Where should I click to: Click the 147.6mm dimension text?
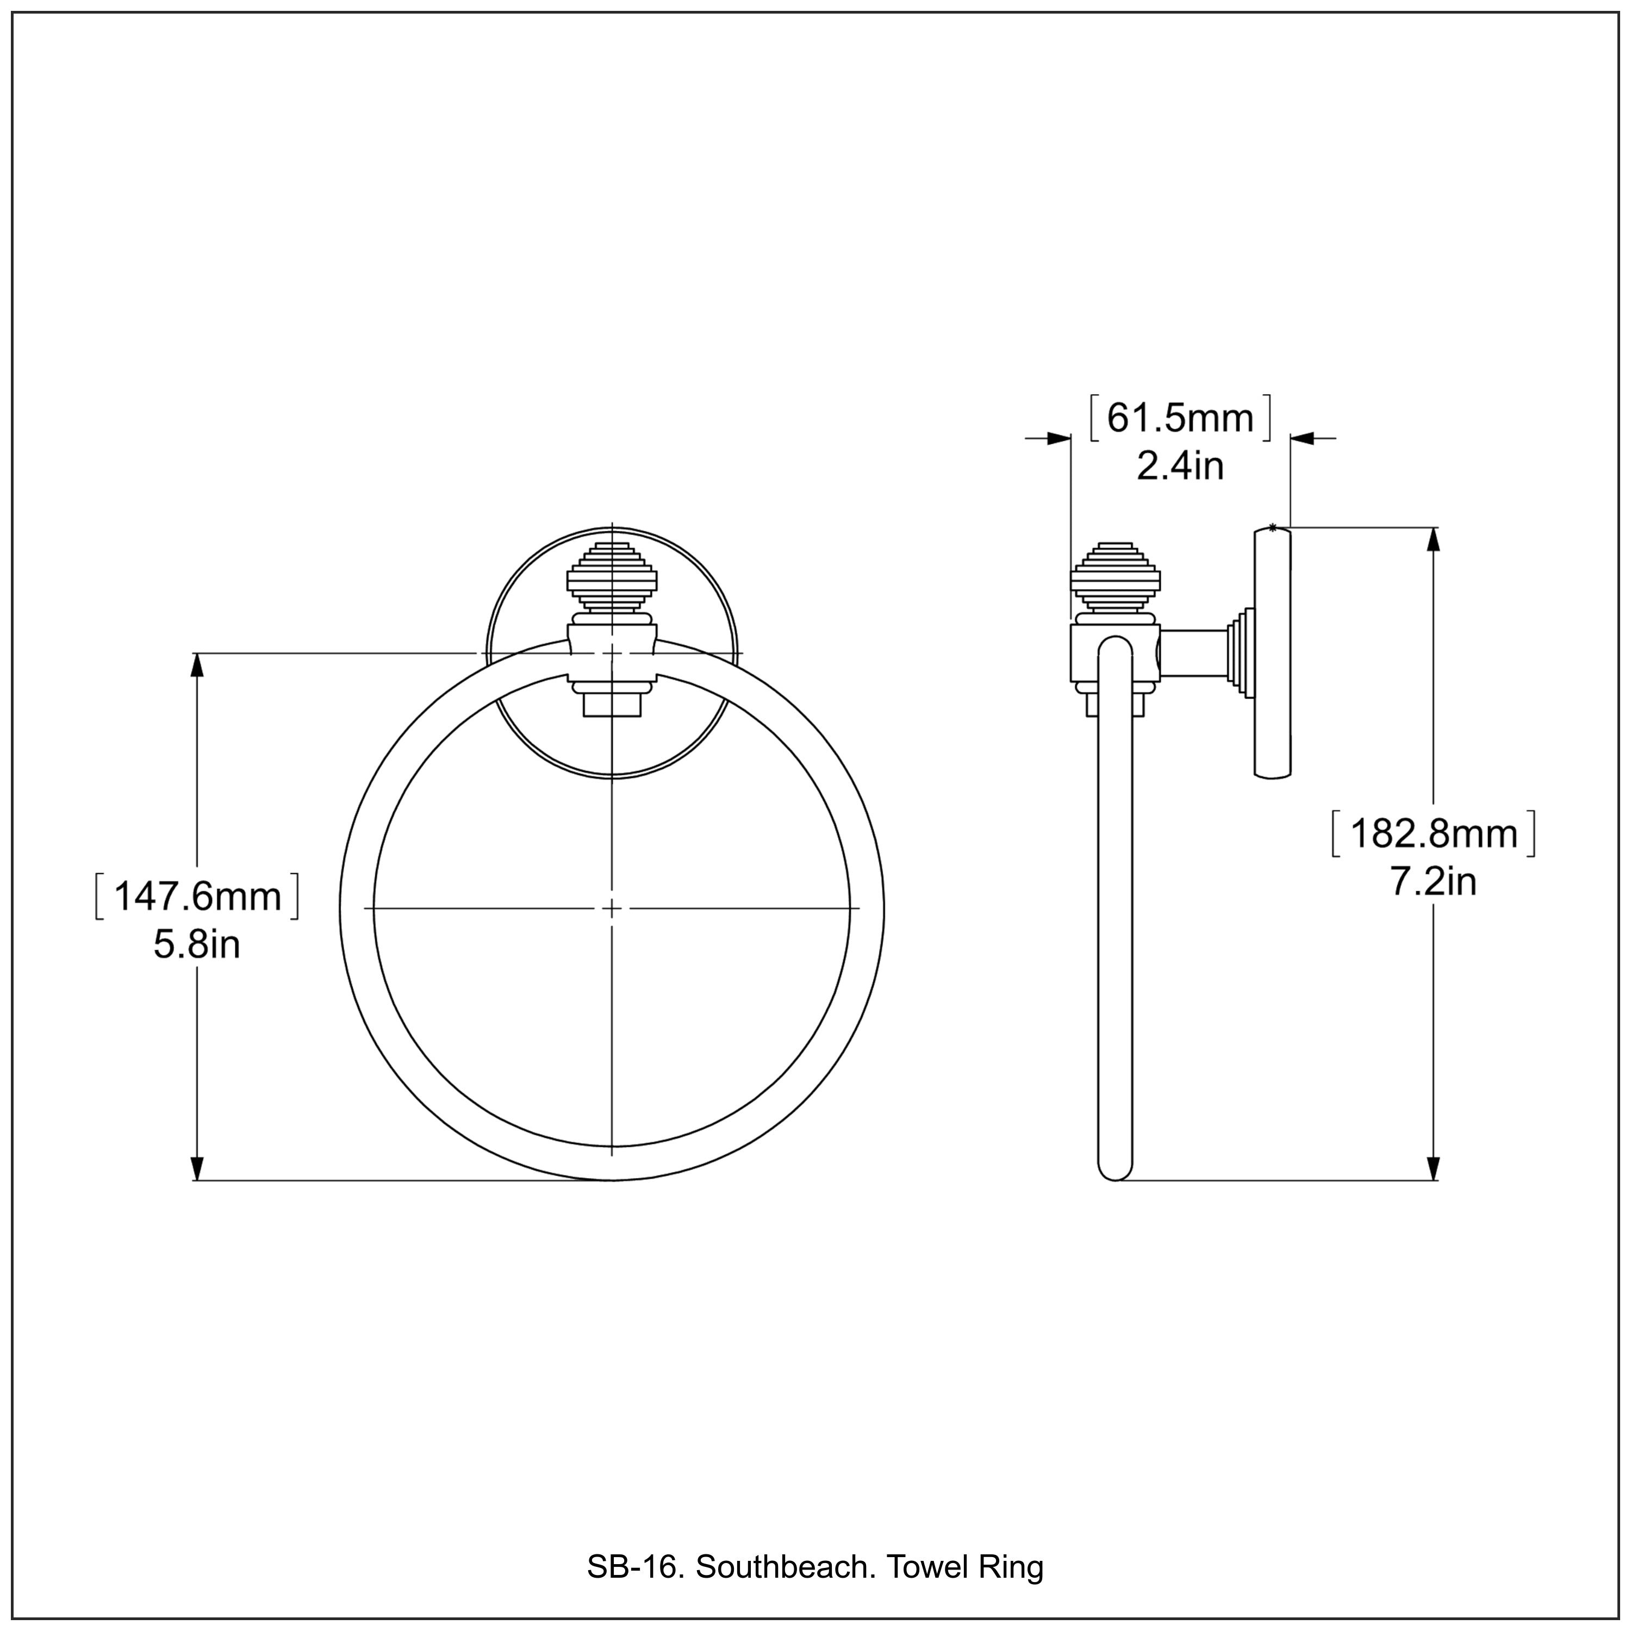[x=197, y=897]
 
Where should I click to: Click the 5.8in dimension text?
[x=197, y=945]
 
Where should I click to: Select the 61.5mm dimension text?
[x=1180, y=418]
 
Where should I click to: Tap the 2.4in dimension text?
[x=1180, y=466]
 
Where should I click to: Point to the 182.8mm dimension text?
[x=1434, y=834]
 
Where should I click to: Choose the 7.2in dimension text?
[x=1434, y=882]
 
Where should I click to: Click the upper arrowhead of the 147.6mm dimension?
[x=197, y=665]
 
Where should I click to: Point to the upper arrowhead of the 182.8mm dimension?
[x=1433, y=540]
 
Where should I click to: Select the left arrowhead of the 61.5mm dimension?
[x=1058, y=438]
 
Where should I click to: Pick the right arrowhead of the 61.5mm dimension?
[x=1303, y=438]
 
